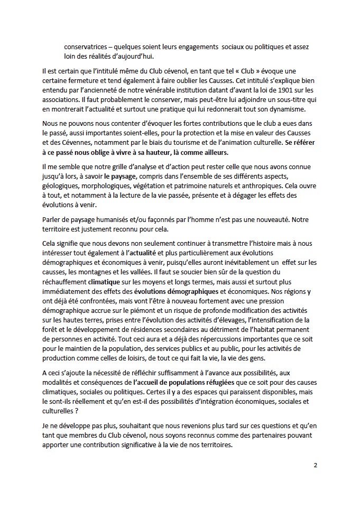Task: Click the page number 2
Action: [315, 465]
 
